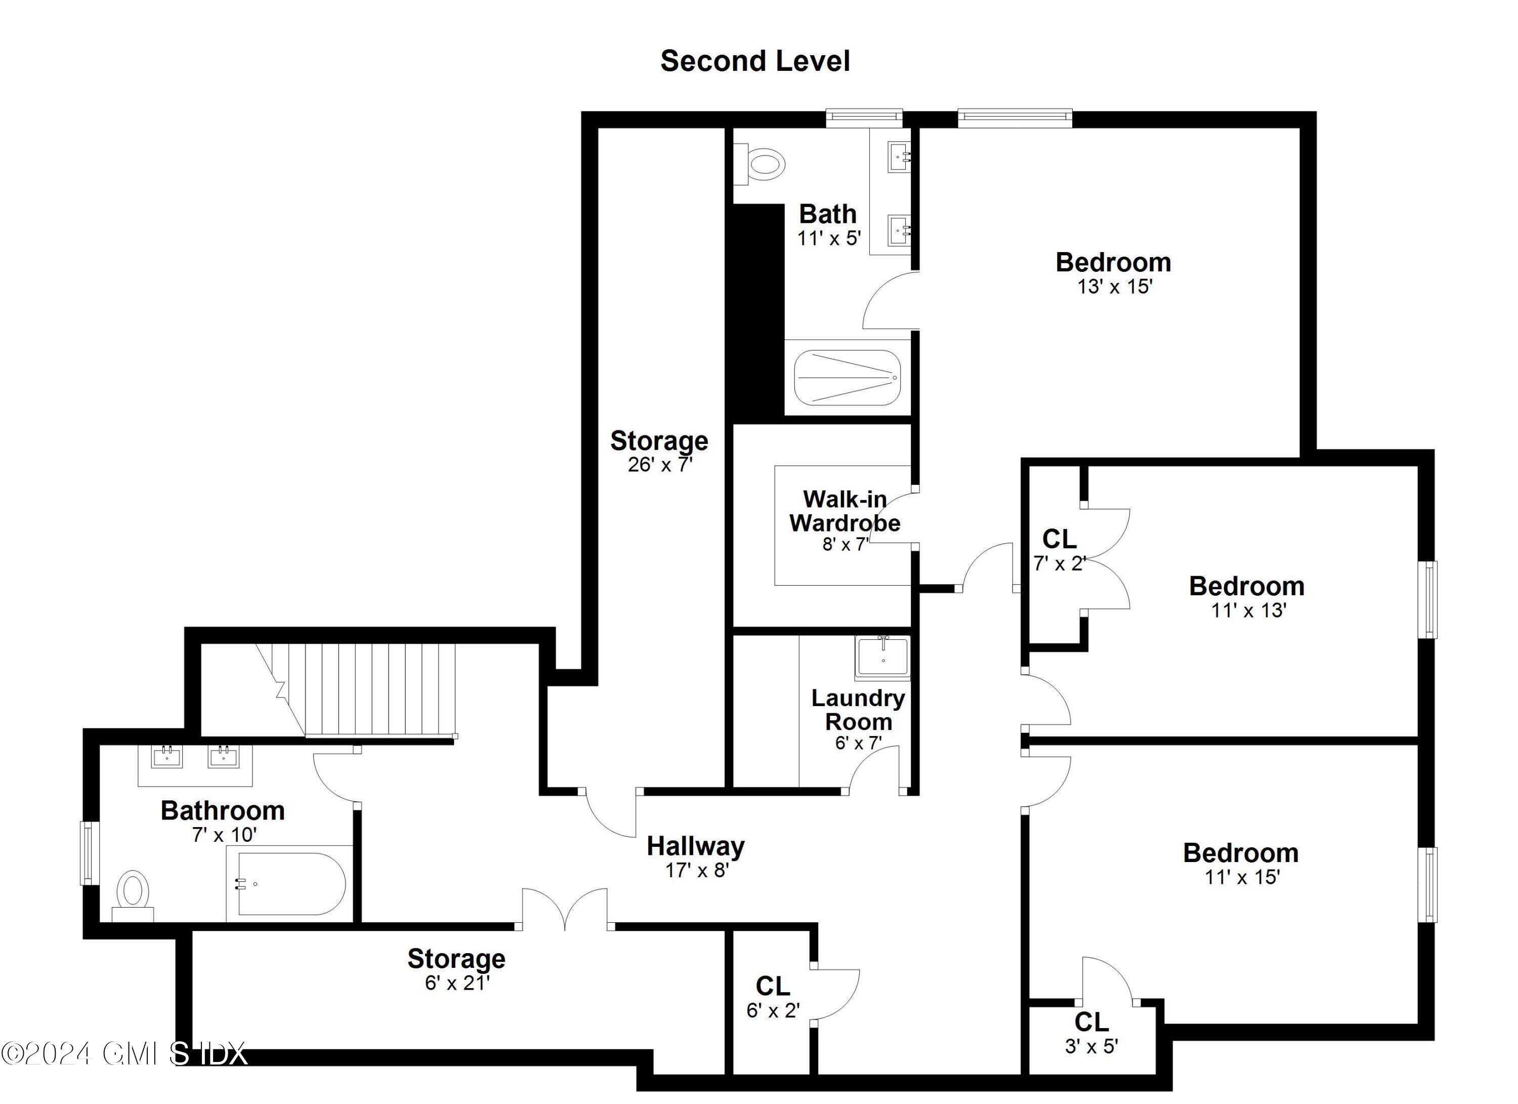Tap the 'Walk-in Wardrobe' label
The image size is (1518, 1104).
(x=845, y=511)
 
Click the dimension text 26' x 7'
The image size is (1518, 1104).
(x=659, y=465)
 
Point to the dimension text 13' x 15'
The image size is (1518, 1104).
(x=1114, y=287)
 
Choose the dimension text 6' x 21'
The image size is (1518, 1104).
(x=457, y=983)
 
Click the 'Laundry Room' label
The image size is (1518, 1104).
(x=858, y=710)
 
